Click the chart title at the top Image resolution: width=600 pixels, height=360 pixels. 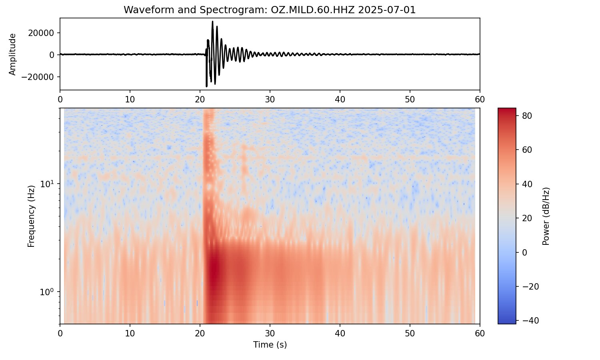[x=270, y=10]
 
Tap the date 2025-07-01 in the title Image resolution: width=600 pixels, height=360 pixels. [x=386, y=10]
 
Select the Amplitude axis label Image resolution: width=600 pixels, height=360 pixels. [x=13, y=54]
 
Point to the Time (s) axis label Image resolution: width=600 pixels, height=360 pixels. [x=270, y=345]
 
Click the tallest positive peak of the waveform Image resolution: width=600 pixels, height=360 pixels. [x=212, y=22]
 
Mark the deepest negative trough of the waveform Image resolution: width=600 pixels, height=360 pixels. [x=206, y=86]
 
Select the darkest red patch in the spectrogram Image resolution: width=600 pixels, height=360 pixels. [x=215, y=268]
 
